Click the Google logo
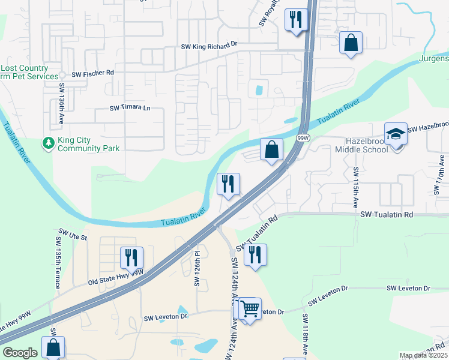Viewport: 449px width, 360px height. [x=20, y=353]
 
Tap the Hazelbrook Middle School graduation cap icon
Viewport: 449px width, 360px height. [x=396, y=135]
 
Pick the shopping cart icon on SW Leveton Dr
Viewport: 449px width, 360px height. [x=250, y=310]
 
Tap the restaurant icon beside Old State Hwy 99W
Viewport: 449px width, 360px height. [x=131, y=258]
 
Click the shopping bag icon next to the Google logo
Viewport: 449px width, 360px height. [x=53, y=347]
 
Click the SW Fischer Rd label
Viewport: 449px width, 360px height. [x=92, y=73]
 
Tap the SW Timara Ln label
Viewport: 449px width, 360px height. [x=130, y=108]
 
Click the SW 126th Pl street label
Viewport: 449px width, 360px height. [x=196, y=268]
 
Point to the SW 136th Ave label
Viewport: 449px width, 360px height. [x=61, y=104]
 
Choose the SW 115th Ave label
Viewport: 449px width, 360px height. [x=355, y=184]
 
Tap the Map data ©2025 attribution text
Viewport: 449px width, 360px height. [x=423, y=355]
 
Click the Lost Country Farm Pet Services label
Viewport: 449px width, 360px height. [x=30, y=72]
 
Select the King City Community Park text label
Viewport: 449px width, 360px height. [x=88, y=144]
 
